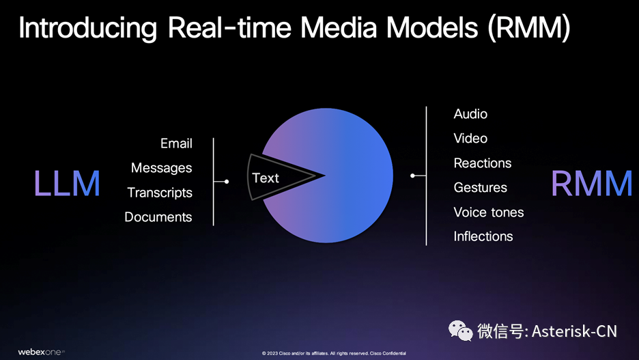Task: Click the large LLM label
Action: point(67,184)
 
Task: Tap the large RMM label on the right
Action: point(591,184)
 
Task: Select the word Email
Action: point(176,143)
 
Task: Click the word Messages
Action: point(161,168)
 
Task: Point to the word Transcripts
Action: point(160,193)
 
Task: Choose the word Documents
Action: point(158,217)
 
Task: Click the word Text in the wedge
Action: point(266,178)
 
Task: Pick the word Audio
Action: point(470,114)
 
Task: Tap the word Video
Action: point(470,138)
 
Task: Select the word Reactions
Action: point(483,163)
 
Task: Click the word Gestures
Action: point(480,188)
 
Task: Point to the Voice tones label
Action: point(489,212)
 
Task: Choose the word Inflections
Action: point(483,236)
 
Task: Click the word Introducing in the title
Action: point(87,28)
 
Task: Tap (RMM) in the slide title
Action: point(528,28)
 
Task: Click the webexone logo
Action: point(41,352)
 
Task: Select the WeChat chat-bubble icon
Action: point(461,331)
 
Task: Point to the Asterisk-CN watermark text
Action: point(574,331)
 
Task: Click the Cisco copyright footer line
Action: point(334,353)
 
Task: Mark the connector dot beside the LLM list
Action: point(227,182)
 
